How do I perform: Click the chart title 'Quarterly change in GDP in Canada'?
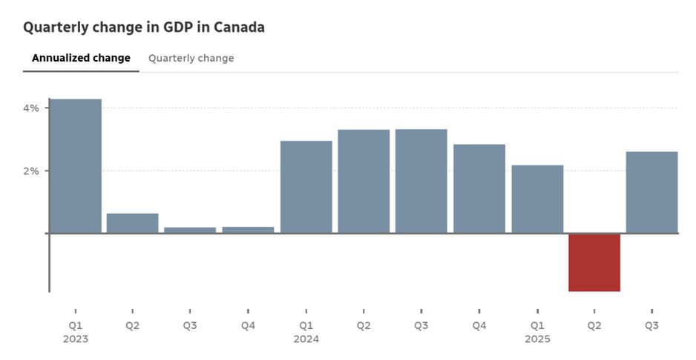click(143, 27)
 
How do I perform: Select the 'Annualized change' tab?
click(81, 58)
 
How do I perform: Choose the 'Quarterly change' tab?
click(191, 58)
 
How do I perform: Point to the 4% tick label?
click(31, 108)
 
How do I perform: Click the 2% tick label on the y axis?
click(31, 171)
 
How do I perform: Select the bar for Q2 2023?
click(133, 223)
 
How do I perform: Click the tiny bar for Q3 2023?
click(190, 230)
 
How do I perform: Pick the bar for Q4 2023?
click(248, 230)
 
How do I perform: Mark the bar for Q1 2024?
click(306, 187)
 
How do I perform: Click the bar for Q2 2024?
click(364, 182)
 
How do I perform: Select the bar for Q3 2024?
click(421, 181)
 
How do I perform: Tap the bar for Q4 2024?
click(479, 189)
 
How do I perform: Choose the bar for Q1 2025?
click(537, 199)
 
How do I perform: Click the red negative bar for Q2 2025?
click(594, 263)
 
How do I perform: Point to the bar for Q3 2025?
click(651, 192)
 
